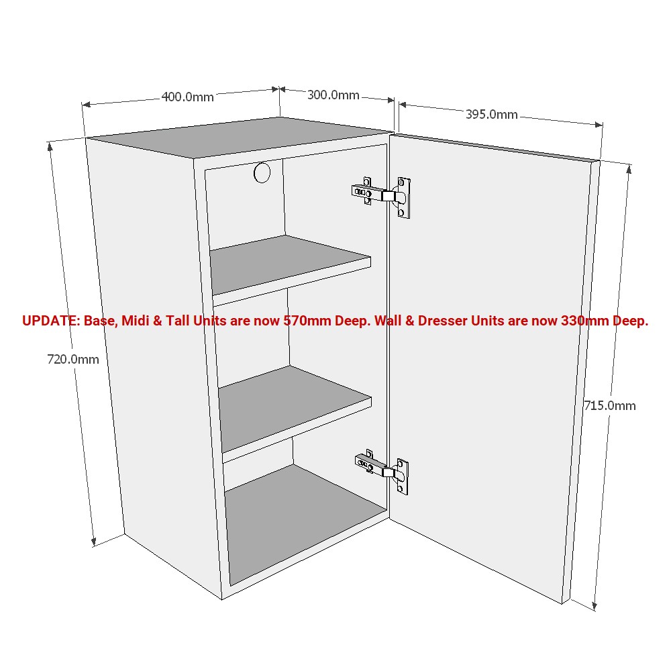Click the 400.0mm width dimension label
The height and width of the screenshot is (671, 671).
[187, 97]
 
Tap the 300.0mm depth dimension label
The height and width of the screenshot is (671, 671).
[333, 95]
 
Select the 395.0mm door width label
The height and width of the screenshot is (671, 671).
[491, 114]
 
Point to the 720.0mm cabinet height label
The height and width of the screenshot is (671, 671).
[72, 359]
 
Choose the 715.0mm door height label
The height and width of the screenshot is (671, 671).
[609, 405]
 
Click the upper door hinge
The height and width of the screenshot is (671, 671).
[381, 195]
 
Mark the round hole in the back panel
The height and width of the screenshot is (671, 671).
[262, 172]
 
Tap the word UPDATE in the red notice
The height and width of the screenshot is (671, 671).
[50, 321]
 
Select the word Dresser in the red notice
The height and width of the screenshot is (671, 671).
[443, 321]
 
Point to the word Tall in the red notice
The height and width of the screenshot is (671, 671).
[178, 321]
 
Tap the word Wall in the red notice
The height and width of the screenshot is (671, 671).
[389, 321]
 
